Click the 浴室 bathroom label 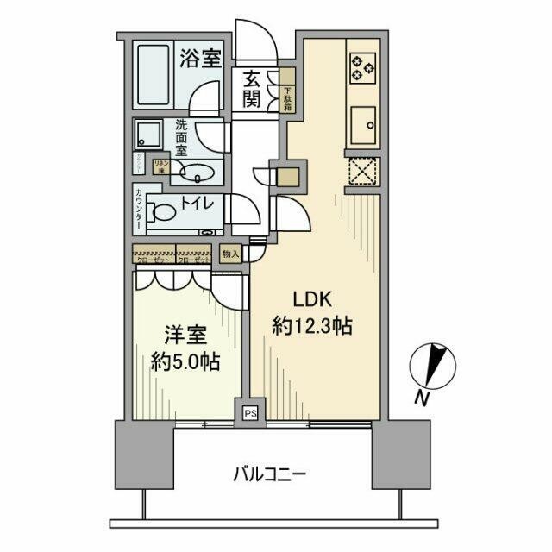pyautogui.click(x=201, y=59)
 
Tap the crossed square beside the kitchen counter pyautogui.click(x=361, y=171)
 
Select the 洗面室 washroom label pyautogui.click(x=182, y=137)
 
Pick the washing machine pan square pyautogui.click(x=147, y=135)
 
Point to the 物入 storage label pyautogui.click(x=230, y=254)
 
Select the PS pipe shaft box pyautogui.click(x=250, y=413)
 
